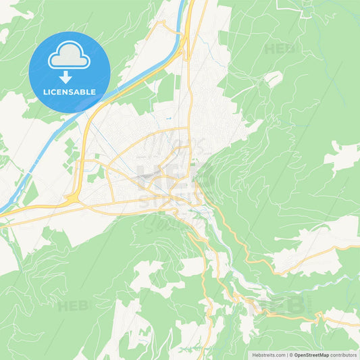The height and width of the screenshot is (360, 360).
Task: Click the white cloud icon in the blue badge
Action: (70, 59)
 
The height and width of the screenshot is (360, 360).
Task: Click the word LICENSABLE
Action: (70, 92)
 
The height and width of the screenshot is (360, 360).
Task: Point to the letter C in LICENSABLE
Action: (55, 92)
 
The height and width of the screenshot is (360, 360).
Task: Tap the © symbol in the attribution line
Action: (292, 354)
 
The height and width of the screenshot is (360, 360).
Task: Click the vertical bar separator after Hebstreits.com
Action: (287, 354)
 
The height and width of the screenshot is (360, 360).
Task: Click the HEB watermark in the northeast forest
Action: (280, 49)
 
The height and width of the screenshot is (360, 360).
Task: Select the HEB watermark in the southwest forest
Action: (72, 305)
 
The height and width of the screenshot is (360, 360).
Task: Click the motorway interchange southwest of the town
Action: (73, 199)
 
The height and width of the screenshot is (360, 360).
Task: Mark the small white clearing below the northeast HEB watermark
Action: (273, 79)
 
